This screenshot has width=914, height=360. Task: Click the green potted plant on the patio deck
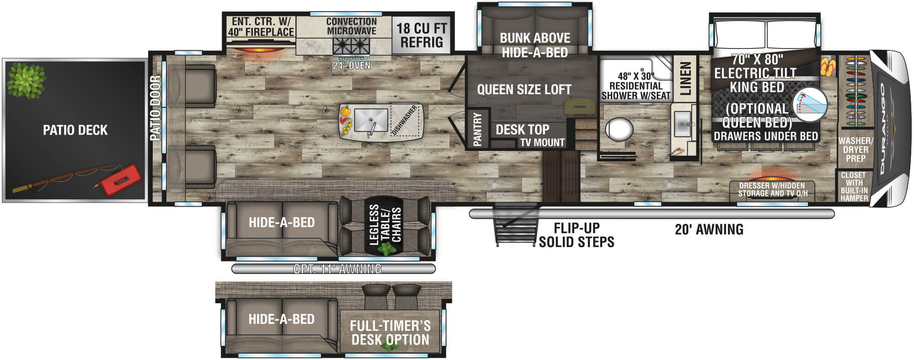pyautogui.click(x=27, y=80)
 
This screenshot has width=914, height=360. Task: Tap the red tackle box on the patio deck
pyautogui.click(x=120, y=180)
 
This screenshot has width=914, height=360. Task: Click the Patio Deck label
pyautogui.click(x=75, y=130)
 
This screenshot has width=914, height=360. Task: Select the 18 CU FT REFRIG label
pyautogui.click(x=421, y=35)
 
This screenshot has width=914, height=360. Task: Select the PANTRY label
pyautogui.click(x=477, y=129)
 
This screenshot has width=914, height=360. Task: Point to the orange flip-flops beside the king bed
pyautogui.click(x=827, y=67)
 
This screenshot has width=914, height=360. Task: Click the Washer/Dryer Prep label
pyautogui.click(x=855, y=150)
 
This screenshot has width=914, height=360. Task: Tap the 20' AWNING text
pyautogui.click(x=709, y=229)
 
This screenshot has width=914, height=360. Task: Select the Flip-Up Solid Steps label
pyautogui.click(x=576, y=235)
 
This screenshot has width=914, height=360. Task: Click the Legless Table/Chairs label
pyautogui.click(x=385, y=225)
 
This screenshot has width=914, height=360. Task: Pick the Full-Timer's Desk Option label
pyautogui.click(x=390, y=333)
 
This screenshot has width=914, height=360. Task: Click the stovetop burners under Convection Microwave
pyautogui.click(x=351, y=46)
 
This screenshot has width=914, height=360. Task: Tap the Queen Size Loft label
pyautogui.click(x=524, y=90)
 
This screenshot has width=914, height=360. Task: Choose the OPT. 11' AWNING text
pyautogui.click(x=337, y=269)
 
